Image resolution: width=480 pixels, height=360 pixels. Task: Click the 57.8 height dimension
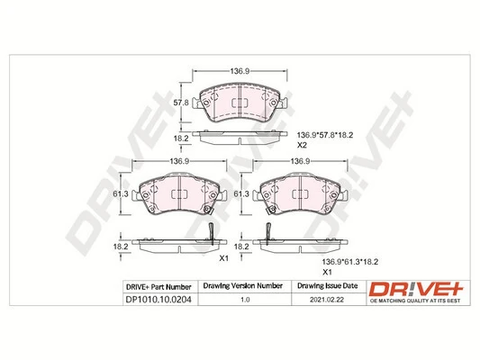click(180, 103)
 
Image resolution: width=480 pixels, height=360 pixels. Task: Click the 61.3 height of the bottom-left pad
click(117, 193)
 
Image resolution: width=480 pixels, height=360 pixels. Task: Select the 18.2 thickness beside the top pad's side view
click(180, 139)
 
